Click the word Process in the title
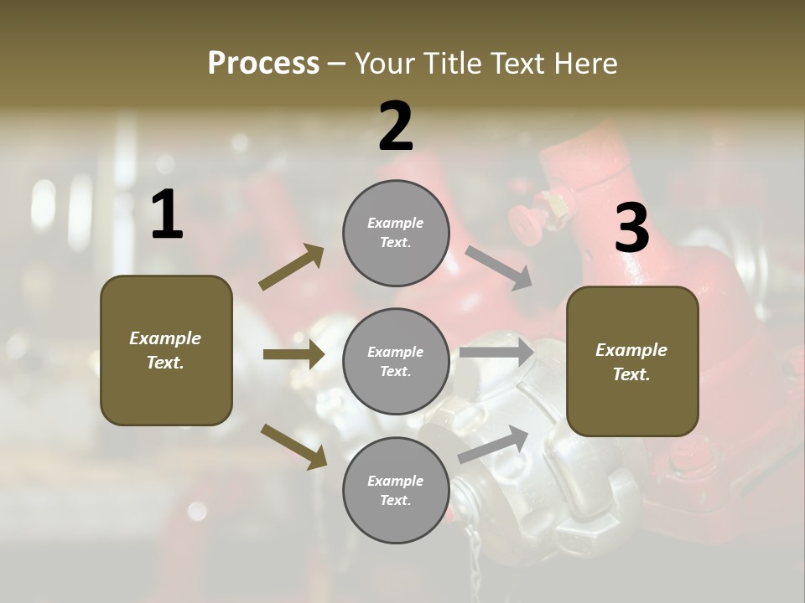[x=263, y=64]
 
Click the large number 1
[x=167, y=215]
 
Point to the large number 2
[x=396, y=126]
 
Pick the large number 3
[x=631, y=229]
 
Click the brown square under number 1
[x=166, y=350]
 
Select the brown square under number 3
[x=632, y=361]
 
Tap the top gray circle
[x=396, y=233]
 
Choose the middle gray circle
[x=396, y=361]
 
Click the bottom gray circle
[x=396, y=490]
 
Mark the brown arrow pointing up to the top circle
[x=292, y=267]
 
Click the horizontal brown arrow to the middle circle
[x=293, y=354]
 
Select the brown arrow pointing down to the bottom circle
[x=293, y=446]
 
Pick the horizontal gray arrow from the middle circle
[x=496, y=353]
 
